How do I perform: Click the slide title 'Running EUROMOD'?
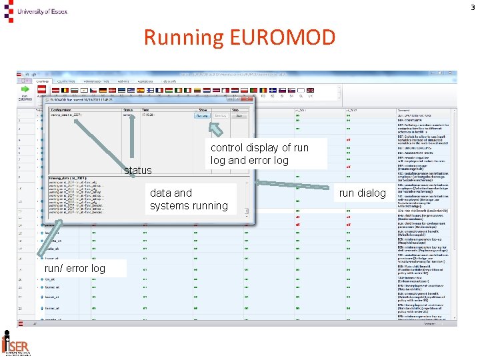(239, 37)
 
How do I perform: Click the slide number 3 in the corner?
(473, 7)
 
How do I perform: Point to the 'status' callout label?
(138, 171)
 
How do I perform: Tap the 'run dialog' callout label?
(363, 193)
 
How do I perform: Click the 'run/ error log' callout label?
(75, 268)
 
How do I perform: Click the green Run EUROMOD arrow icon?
(25, 89)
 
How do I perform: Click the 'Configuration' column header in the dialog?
(61, 110)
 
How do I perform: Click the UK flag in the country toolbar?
(311, 89)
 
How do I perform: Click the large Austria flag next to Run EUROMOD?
(42, 89)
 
